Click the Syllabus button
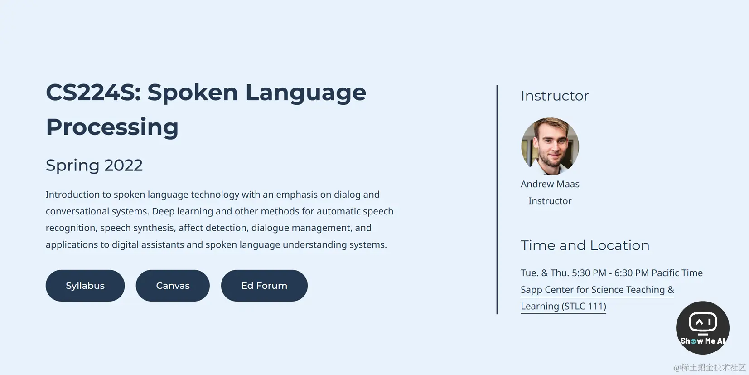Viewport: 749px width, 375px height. click(x=85, y=286)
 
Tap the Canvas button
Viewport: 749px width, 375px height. click(x=173, y=286)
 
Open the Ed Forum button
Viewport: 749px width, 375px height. click(x=264, y=286)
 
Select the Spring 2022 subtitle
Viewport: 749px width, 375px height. click(x=94, y=165)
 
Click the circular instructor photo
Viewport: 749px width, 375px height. click(x=550, y=146)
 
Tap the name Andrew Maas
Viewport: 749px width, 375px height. click(x=550, y=184)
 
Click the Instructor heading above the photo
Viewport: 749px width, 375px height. click(x=555, y=96)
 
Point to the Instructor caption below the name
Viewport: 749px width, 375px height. click(x=550, y=201)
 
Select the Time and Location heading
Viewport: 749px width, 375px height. click(x=585, y=245)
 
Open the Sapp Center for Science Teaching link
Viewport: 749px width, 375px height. click(x=597, y=290)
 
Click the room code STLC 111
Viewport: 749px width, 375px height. click(x=584, y=307)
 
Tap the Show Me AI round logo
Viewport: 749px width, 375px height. click(x=702, y=328)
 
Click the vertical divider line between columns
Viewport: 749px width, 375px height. click(x=497, y=200)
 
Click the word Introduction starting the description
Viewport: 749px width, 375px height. click(x=72, y=195)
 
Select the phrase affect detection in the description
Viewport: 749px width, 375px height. click(x=213, y=228)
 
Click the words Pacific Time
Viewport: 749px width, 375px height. click(x=677, y=273)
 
